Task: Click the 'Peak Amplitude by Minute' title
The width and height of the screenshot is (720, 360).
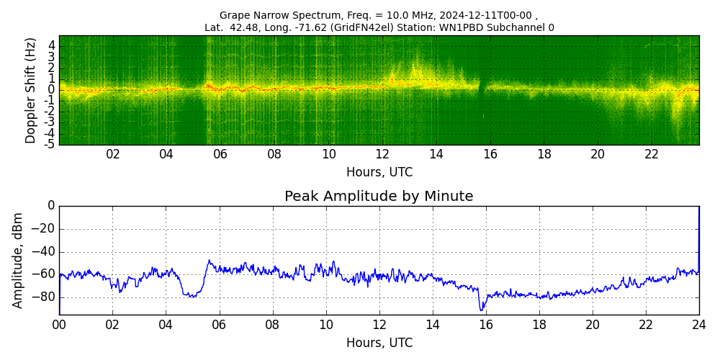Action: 379,197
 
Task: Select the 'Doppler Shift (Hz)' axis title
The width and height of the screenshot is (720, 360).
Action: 31,91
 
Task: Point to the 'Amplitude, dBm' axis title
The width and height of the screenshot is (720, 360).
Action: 19,260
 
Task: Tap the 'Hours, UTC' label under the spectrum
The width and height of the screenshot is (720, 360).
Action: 379,173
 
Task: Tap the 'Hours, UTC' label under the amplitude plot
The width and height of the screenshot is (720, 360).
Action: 379,343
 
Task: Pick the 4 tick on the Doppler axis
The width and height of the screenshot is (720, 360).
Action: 52,45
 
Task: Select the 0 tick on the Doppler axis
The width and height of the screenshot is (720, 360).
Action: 52,90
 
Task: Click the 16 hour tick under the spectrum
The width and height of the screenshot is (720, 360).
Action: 490,154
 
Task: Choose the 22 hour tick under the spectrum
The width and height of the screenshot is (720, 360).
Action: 652,154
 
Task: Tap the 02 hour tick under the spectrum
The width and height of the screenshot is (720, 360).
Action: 113,154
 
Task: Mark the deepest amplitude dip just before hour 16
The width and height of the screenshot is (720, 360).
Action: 481,310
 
